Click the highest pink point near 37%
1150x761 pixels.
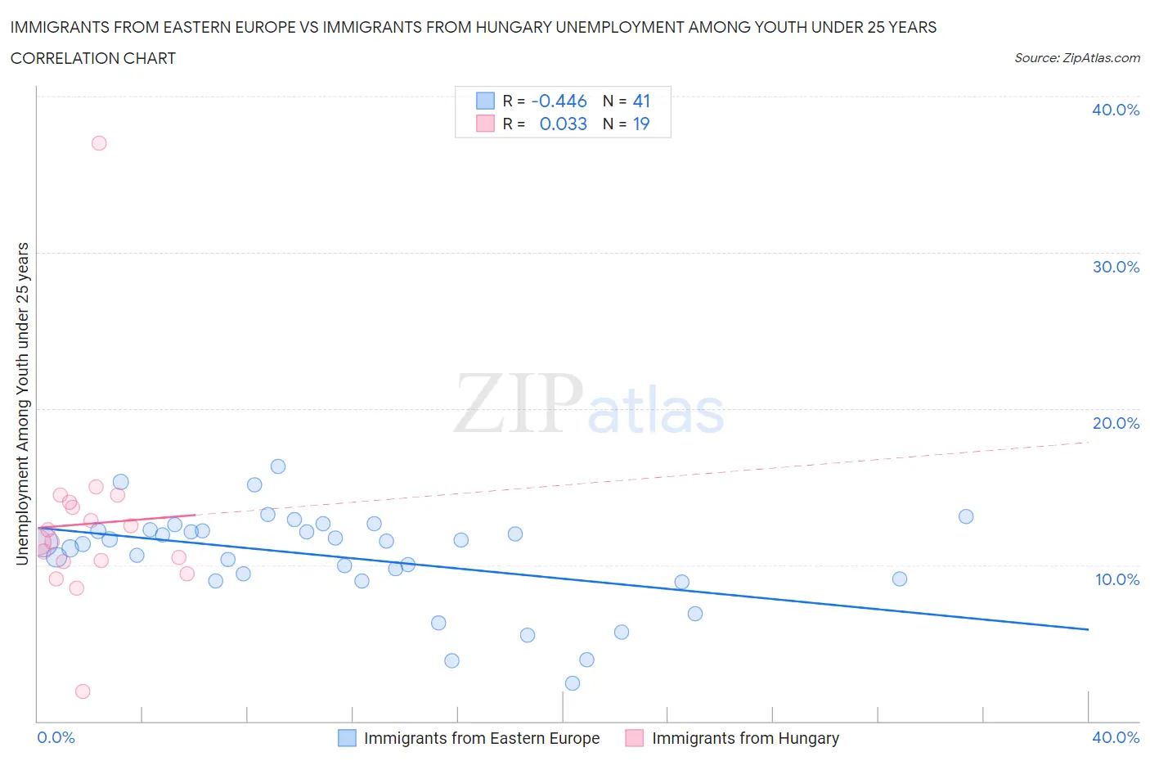(x=99, y=143)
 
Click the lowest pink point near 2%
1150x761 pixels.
(x=83, y=691)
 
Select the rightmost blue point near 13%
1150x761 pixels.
(x=966, y=516)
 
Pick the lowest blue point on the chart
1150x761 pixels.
(x=573, y=683)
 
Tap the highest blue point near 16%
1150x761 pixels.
(x=278, y=466)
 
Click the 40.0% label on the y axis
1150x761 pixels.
(x=1116, y=110)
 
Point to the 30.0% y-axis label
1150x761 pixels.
(x=1116, y=267)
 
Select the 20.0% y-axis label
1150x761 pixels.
(x=1116, y=423)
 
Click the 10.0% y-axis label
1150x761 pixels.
(x=1116, y=579)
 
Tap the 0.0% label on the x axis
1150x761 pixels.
(x=56, y=737)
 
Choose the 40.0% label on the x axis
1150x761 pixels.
(x=1116, y=737)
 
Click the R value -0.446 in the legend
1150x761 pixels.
(x=559, y=101)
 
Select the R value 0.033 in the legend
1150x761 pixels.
(x=563, y=124)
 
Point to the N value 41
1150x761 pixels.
(x=641, y=101)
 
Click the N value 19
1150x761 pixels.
(x=641, y=124)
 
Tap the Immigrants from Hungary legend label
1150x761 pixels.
(x=745, y=738)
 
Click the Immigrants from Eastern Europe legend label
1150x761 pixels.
(x=482, y=738)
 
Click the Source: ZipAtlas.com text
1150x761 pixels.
(x=1077, y=58)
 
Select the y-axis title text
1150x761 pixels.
(x=23, y=403)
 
